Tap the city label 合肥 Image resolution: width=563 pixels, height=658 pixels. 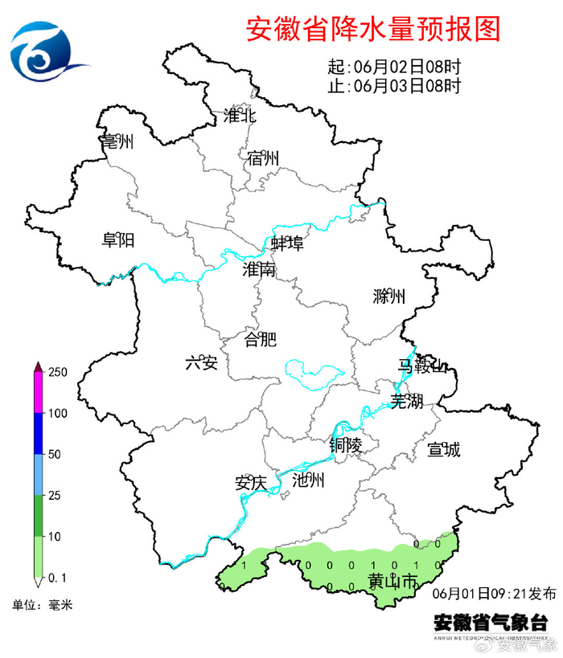tap(260, 339)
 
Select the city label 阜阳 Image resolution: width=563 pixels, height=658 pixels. tap(117, 239)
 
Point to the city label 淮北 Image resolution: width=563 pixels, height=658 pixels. tap(240, 116)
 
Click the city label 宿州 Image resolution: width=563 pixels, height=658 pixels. tap(263, 158)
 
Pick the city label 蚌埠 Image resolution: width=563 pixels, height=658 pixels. tap(287, 243)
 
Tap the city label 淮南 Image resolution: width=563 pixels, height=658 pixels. tap(259, 270)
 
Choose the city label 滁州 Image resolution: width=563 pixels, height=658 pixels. tap(389, 296)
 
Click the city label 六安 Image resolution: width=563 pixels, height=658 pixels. tap(201, 363)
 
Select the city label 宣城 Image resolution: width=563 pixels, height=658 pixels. tap(444, 450)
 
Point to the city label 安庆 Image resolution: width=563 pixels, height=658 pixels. tap(250, 484)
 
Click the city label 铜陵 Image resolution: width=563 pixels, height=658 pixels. tap(346, 443)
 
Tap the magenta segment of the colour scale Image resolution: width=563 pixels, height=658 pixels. tap(38, 393)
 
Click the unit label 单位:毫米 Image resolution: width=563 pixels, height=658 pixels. tap(42, 605)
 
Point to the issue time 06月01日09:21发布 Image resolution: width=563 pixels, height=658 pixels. tap(494, 595)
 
